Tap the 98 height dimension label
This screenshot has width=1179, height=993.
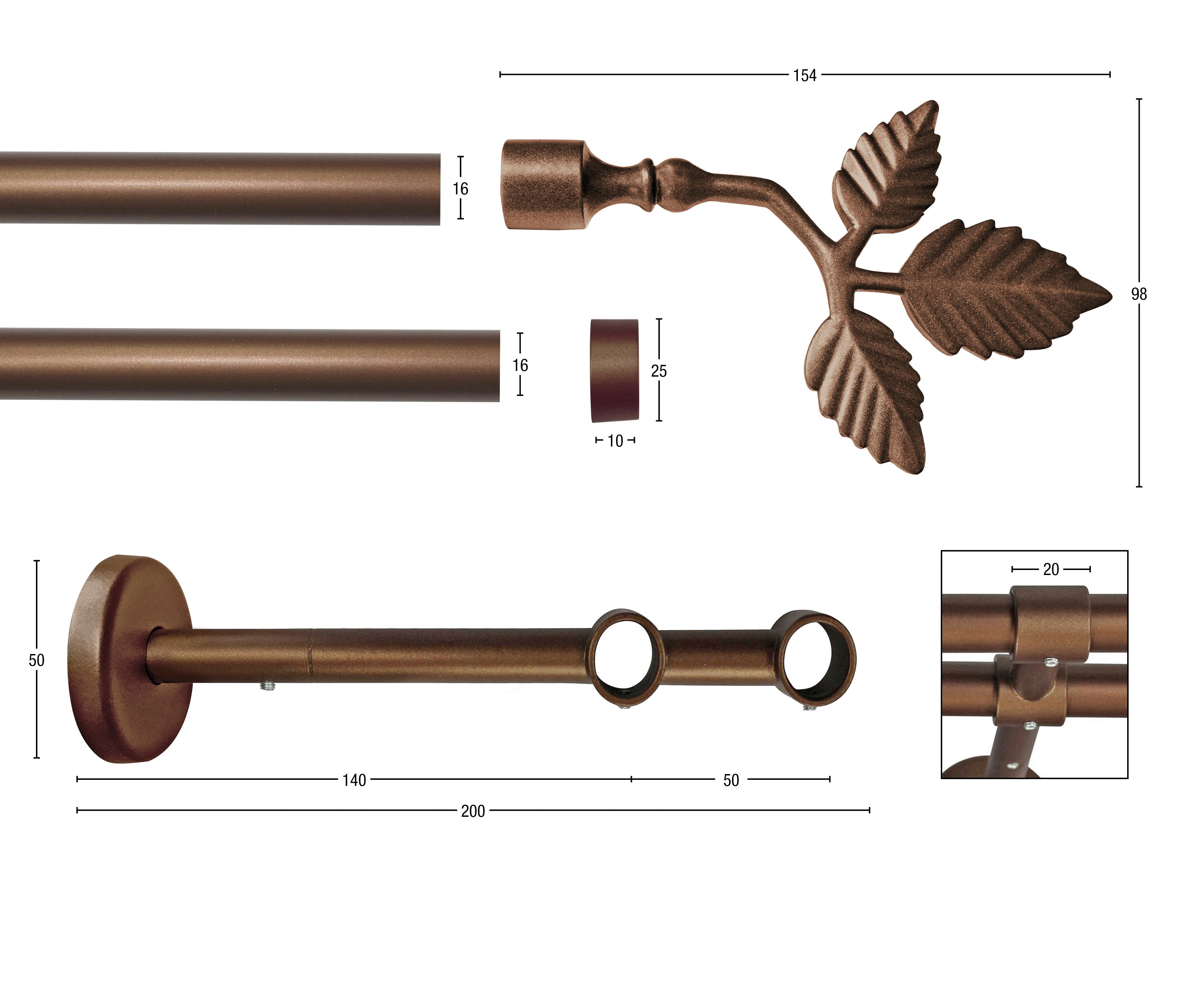pos(1139,294)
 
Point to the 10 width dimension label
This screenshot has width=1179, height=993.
pos(615,441)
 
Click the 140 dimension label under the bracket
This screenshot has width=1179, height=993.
pos(354,780)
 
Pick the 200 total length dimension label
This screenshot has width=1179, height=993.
pos(473,811)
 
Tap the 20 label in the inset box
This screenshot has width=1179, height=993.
pos(1051,570)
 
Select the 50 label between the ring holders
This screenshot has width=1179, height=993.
pos(731,780)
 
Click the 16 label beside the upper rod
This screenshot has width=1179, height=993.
pos(461,189)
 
